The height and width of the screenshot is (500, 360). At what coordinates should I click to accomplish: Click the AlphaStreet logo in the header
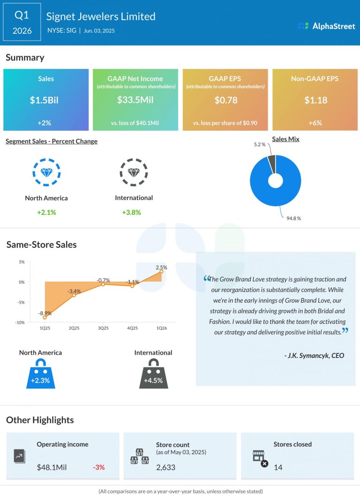pos(326,26)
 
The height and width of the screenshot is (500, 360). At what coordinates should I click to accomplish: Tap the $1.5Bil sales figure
pos(46,100)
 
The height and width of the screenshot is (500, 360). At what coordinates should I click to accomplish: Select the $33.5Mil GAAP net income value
pos(135,100)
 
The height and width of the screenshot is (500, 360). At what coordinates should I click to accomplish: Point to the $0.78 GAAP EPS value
pos(225,100)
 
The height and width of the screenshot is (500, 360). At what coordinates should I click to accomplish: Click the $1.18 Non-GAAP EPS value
pos(315,100)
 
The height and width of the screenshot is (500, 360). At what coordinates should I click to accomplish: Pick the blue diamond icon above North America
pos(46,172)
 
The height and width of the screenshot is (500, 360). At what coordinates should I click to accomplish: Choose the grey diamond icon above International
pos(134,172)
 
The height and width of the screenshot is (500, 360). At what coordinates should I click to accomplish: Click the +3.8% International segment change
pos(131,212)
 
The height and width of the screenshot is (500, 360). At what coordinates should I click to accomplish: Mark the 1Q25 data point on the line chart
pos(45,317)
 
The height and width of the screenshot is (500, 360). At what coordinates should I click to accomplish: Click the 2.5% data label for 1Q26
pos(161,267)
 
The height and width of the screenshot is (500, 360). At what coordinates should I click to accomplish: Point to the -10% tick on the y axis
pos(19,322)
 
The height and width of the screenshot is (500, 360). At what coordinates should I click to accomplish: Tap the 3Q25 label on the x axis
pos(103,328)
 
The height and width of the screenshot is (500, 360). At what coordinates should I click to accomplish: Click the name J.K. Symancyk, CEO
pos(314,355)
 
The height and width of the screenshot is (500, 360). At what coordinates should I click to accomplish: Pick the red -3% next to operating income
pos(98,467)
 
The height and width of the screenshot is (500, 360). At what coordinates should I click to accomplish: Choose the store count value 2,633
pos(166,467)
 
